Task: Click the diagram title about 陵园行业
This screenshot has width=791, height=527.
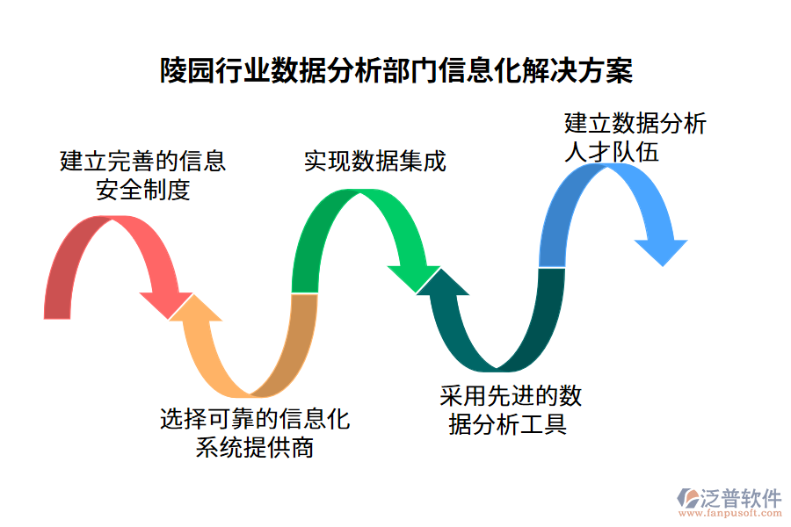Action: point(395,71)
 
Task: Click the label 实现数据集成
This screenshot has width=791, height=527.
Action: point(375,162)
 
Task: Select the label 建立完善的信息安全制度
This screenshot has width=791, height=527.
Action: point(142,175)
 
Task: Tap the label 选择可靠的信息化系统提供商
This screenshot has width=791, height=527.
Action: point(255,433)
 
